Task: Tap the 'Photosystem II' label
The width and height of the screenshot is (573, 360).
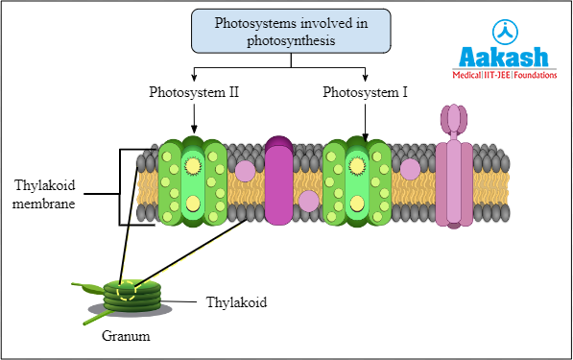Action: click(x=193, y=93)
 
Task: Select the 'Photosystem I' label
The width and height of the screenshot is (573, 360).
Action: click(x=364, y=93)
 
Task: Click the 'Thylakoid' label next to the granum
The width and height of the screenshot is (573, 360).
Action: click(x=235, y=301)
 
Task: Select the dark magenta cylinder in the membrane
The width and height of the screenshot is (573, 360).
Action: click(x=279, y=182)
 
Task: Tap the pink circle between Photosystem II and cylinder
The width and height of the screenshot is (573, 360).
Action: click(x=245, y=171)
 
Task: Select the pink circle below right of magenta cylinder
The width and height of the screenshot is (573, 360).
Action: click(x=308, y=201)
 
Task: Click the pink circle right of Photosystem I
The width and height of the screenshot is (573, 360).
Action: click(x=410, y=169)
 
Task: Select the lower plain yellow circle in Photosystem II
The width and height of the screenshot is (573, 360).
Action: click(x=192, y=203)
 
